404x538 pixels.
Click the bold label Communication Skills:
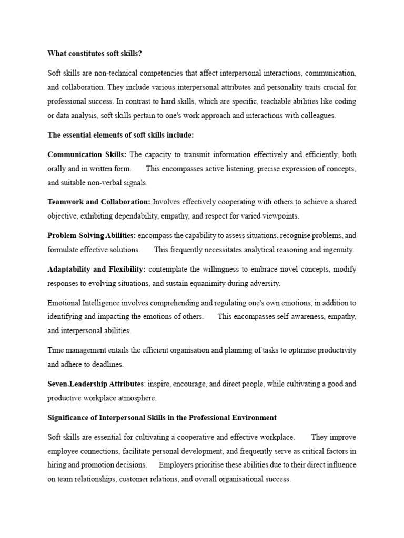pyautogui.click(x=87, y=154)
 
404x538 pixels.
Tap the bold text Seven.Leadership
pyautogui.click(x=77, y=384)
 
